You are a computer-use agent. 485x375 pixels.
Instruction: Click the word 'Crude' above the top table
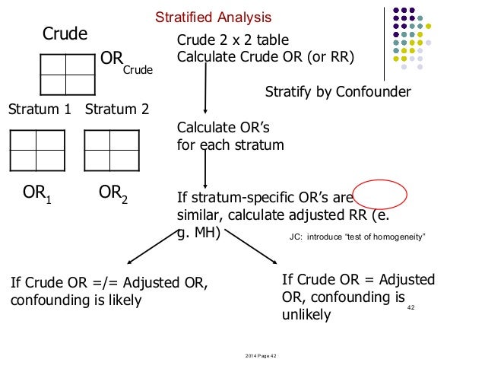coord(65,33)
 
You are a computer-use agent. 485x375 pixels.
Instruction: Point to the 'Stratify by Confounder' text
coord(338,92)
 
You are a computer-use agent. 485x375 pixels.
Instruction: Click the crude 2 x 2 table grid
coord(64,74)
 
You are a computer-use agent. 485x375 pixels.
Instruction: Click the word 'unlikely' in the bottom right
coord(306,314)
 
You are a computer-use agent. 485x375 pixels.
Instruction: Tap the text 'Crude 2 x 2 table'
coord(233,40)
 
